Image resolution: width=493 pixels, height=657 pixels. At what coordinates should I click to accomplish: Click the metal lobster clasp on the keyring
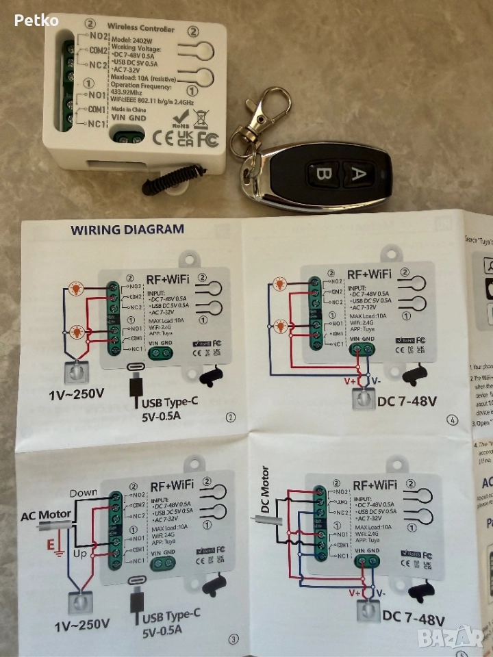click(x=268, y=109)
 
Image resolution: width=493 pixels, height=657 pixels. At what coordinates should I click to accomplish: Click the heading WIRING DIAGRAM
click(x=127, y=230)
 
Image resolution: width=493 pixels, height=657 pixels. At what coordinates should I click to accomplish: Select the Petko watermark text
click(x=36, y=21)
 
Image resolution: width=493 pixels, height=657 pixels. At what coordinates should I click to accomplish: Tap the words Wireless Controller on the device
click(x=142, y=29)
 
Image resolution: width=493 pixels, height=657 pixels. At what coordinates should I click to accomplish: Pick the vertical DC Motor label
click(x=265, y=491)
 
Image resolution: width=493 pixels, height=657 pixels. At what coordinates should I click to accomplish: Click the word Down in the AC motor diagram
click(x=84, y=493)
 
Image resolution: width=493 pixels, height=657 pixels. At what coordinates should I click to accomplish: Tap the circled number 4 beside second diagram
click(x=451, y=420)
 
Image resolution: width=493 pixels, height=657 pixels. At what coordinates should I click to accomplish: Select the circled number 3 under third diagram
click(x=234, y=639)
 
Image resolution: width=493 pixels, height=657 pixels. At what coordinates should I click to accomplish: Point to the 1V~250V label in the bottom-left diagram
click(x=82, y=624)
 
